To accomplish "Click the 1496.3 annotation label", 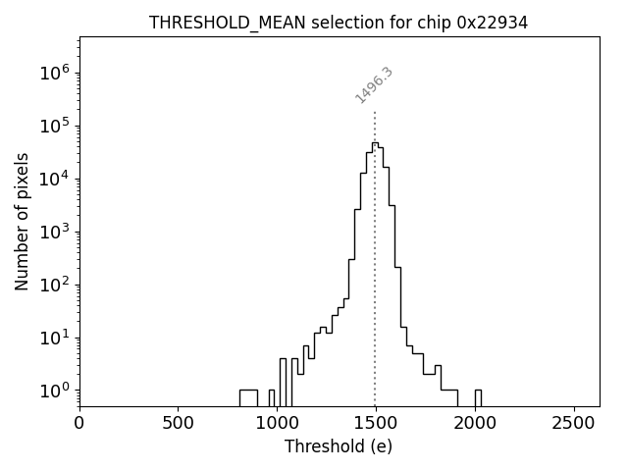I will point(374,85).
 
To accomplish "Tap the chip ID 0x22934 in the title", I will point(493,23).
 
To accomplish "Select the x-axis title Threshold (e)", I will point(339,446).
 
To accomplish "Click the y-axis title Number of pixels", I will point(22,222).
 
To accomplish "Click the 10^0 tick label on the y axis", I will point(54,391).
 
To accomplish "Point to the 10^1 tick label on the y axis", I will point(54,338).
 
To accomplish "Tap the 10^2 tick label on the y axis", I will point(54,285).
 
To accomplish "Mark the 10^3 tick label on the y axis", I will point(54,232).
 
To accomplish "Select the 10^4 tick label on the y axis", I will point(54,179).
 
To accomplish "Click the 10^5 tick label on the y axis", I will point(54,126).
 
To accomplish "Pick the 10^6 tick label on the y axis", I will point(54,73).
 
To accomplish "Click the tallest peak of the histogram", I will point(374,143).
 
